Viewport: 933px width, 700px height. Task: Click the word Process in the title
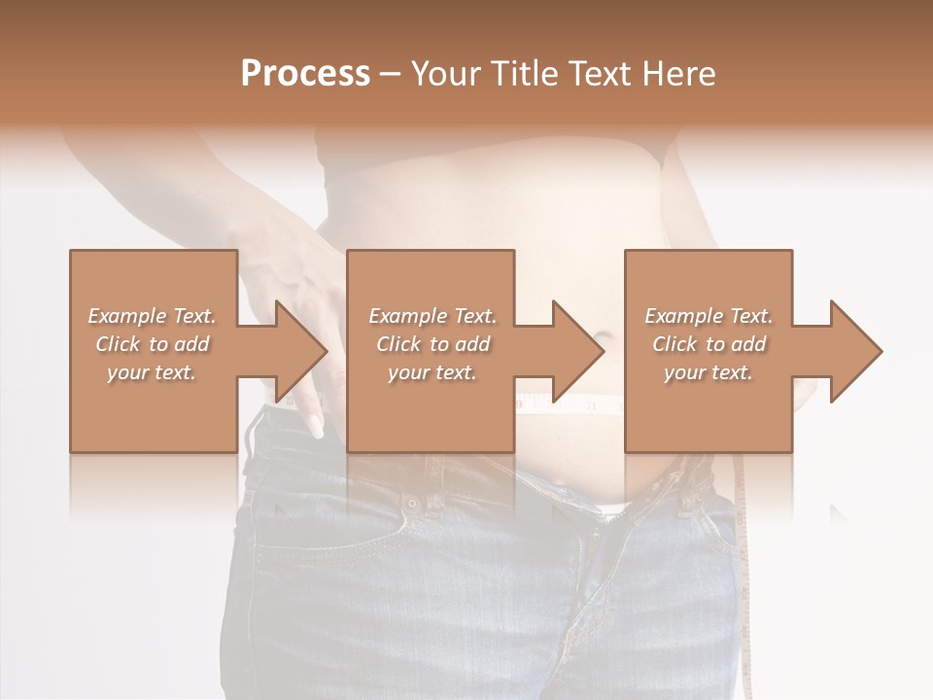click(x=305, y=73)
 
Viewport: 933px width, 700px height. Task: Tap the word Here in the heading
click(x=679, y=73)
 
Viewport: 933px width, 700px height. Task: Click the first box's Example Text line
click(x=152, y=316)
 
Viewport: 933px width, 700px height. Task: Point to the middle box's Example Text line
click(x=432, y=316)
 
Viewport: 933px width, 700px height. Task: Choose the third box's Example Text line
click(x=708, y=316)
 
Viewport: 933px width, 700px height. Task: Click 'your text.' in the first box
click(x=152, y=372)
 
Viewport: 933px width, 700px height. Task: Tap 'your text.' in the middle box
click(x=432, y=372)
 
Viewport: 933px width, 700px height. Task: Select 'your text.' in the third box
click(x=708, y=372)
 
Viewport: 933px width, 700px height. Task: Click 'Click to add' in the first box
click(x=152, y=344)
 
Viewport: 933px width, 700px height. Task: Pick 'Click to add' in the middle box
click(x=432, y=344)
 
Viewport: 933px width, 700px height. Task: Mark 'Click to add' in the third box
click(x=708, y=344)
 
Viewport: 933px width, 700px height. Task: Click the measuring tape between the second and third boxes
click(x=570, y=402)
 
